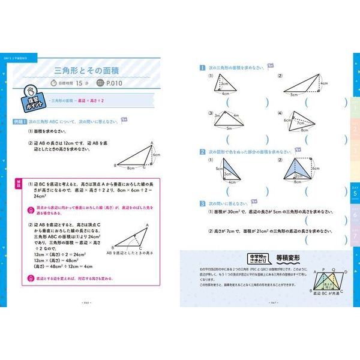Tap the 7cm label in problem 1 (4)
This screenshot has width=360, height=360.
300,123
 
